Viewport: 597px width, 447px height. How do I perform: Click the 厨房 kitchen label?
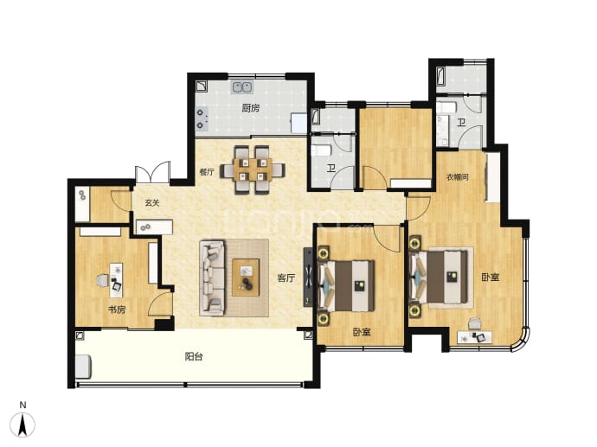(x=251, y=108)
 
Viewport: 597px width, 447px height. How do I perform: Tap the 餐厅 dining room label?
(x=207, y=172)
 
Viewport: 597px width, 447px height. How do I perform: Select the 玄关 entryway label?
(x=152, y=203)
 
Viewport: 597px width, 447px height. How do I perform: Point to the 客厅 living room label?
(x=286, y=278)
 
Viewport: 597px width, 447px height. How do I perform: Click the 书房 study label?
(x=117, y=310)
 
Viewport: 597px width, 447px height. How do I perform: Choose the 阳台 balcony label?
(x=194, y=356)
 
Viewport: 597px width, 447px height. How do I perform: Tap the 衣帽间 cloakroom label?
(x=458, y=177)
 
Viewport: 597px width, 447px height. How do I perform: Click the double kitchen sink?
(x=242, y=87)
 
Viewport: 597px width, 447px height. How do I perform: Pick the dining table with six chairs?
(x=254, y=169)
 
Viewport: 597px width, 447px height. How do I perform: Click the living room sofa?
(x=212, y=278)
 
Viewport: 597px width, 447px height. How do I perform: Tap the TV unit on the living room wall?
(x=308, y=277)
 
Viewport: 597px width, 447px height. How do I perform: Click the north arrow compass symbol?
(x=22, y=424)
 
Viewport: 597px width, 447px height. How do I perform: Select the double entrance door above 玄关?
(x=152, y=172)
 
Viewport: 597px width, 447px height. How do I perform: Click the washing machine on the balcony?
(x=83, y=367)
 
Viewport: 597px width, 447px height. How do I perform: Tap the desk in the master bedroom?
(x=474, y=337)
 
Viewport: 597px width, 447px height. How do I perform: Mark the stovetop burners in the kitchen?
(x=201, y=118)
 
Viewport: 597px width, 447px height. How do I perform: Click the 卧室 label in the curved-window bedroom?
(x=490, y=278)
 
